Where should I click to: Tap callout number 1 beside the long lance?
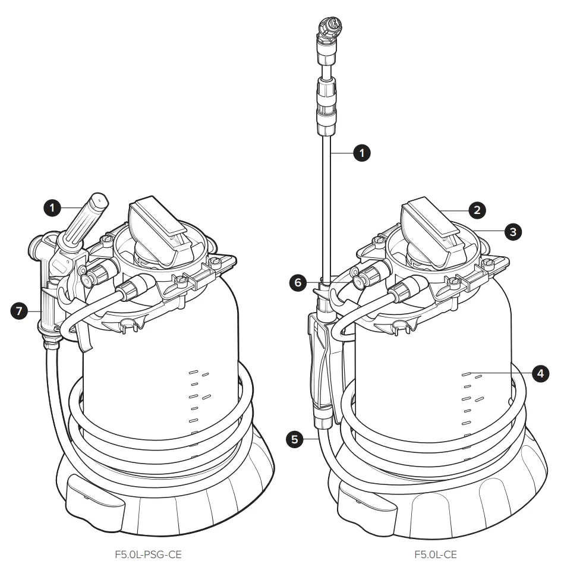pos(361,153)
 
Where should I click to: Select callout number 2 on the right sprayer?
pos(477,209)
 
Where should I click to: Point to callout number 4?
pos(540,374)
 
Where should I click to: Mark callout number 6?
pos(297,283)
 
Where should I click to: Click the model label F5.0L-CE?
pos(435,556)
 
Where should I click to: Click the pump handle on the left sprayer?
pos(155,223)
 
